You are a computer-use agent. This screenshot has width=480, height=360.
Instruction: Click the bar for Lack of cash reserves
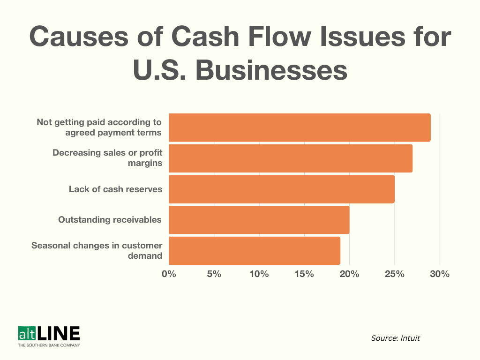pos(281,189)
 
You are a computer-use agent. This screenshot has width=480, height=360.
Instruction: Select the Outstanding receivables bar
pos(259,220)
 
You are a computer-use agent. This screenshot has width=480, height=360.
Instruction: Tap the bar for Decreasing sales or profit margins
pos(290,158)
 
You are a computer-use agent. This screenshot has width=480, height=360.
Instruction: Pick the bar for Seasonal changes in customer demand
pos(254,251)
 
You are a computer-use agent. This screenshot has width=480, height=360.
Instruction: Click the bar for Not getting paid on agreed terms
pos(299,127)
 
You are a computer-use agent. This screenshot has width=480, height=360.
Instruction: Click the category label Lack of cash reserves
pos(115,189)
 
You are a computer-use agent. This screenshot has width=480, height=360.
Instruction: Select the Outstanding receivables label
pos(110,220)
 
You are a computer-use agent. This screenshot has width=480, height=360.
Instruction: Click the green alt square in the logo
pos(26,334)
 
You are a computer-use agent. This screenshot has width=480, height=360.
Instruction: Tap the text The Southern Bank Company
pos(49,345)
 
